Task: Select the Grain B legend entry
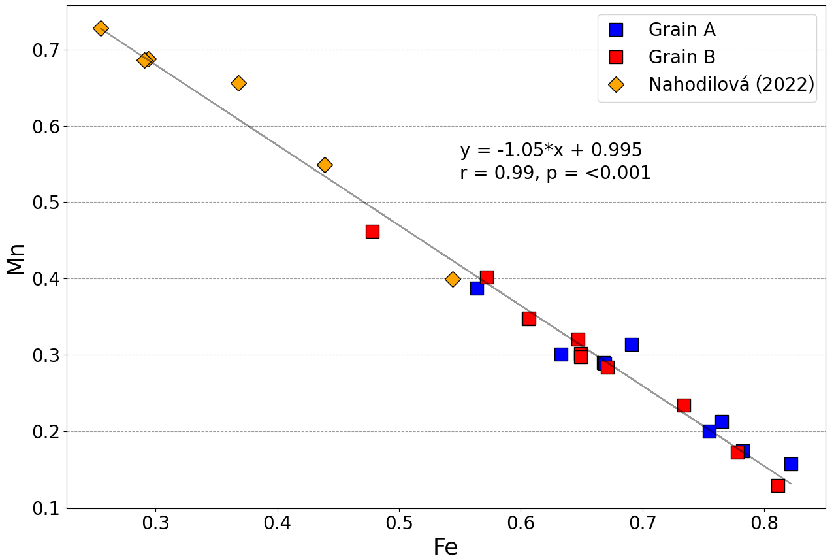tap(682, 58)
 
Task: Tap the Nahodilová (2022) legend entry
tap(731, 85)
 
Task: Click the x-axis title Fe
tap(445, 547)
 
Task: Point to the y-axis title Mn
tap(16, 259)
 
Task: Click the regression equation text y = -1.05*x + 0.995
tap(551, 150)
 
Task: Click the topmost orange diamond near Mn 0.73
tap(101, 28)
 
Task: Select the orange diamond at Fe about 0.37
tap(239, 83)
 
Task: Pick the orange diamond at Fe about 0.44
tap(325, 165)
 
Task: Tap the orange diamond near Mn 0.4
tap(453, 279)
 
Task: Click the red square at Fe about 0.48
tap(372, 231)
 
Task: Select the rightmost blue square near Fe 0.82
tap(791, 464)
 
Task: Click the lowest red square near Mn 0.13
tap(778, 486)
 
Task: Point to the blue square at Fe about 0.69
tap(632, 344)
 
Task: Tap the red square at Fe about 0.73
tap(684, 405)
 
